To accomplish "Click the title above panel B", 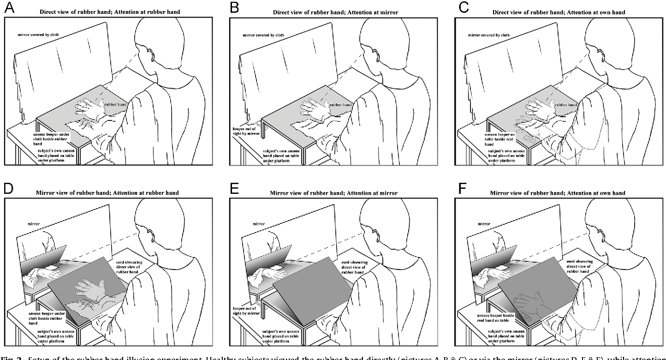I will coord(331,12).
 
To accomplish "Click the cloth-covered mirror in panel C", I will coord(512,65).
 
